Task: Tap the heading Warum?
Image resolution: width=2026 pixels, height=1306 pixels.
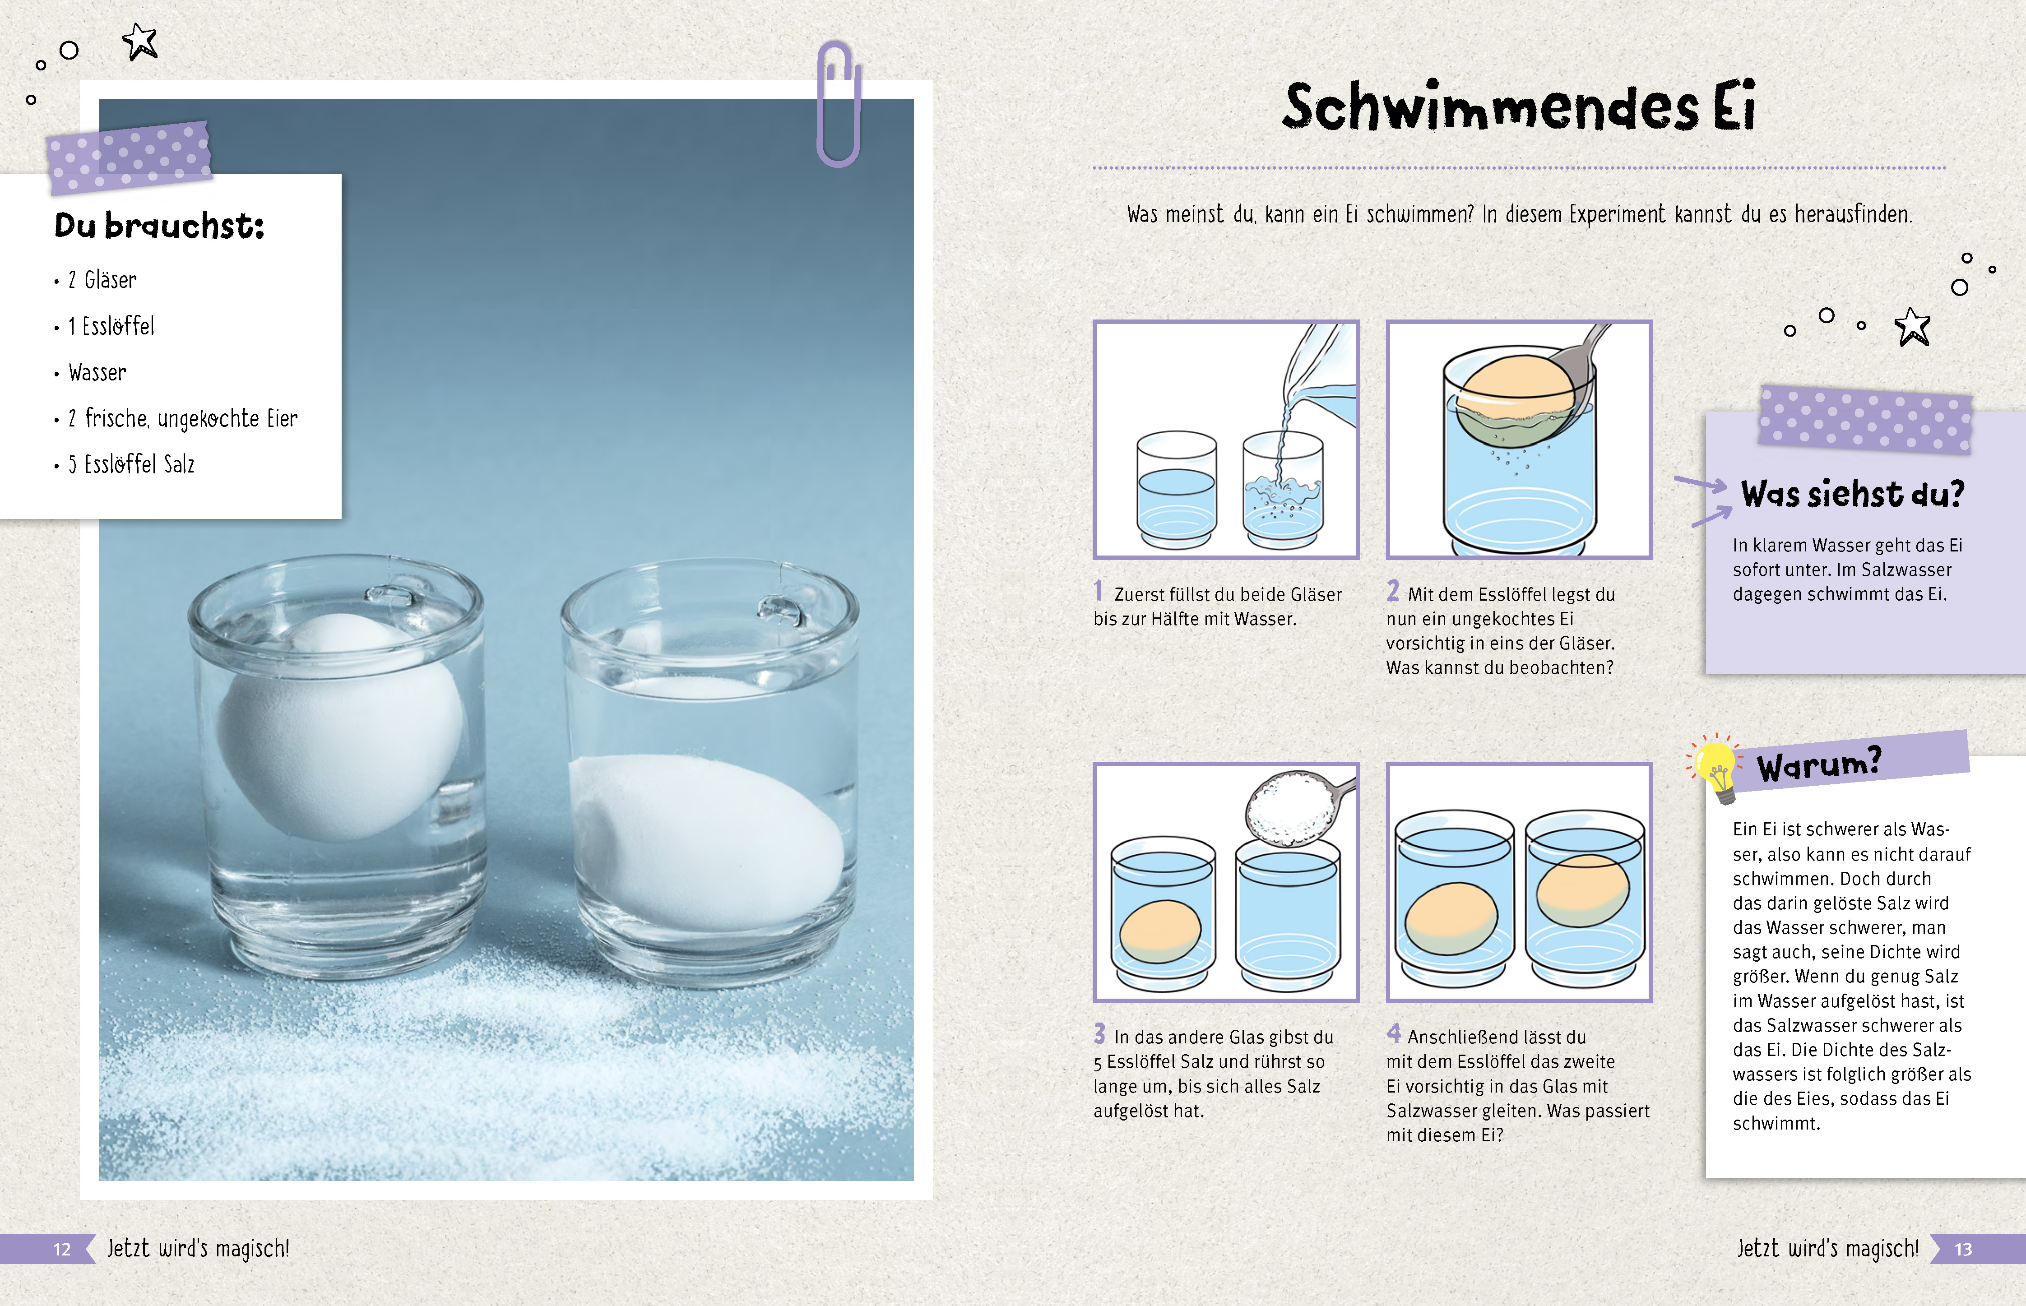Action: click(x=1819, y=764)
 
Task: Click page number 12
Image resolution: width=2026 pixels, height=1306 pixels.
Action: click(x=62, y=1249)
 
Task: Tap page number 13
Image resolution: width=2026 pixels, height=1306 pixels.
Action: click(x=1963, y=1249)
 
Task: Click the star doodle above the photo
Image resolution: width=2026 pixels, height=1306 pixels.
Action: click(x=140, y=41)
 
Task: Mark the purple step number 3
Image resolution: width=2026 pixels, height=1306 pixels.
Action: click(x=1099, y=1033)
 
